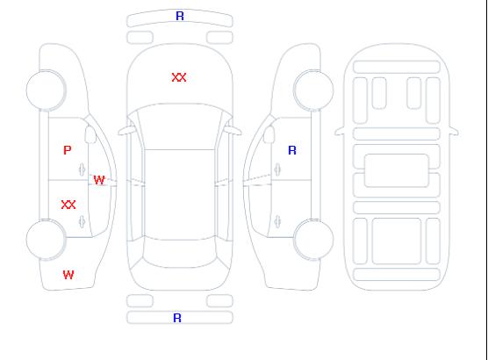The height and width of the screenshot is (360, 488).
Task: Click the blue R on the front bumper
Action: click(x=180, y=16)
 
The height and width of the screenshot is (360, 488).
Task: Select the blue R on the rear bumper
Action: click(x=177, y=318)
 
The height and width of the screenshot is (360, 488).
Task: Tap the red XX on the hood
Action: click(x=179, y=77)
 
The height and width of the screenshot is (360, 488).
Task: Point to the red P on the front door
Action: click(x=68, y=150)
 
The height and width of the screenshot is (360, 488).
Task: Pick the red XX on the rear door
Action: click(x=68, y=205)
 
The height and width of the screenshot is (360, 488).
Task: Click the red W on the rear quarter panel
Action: click(x=68, y=275)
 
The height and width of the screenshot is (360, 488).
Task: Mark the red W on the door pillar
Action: click(x=99, y=180)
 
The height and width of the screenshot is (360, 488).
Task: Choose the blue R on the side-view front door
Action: click(x=292, y=150)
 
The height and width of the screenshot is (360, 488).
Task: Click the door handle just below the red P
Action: click(x=82, y=169)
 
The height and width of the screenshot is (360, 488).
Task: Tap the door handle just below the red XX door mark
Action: click(x=82, y=221)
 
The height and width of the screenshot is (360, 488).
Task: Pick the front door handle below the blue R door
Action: click(x=277, y=169)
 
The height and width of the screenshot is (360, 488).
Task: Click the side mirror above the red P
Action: click(x=90, y=134)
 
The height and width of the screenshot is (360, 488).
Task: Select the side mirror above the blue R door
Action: click(x=269, y=134)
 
